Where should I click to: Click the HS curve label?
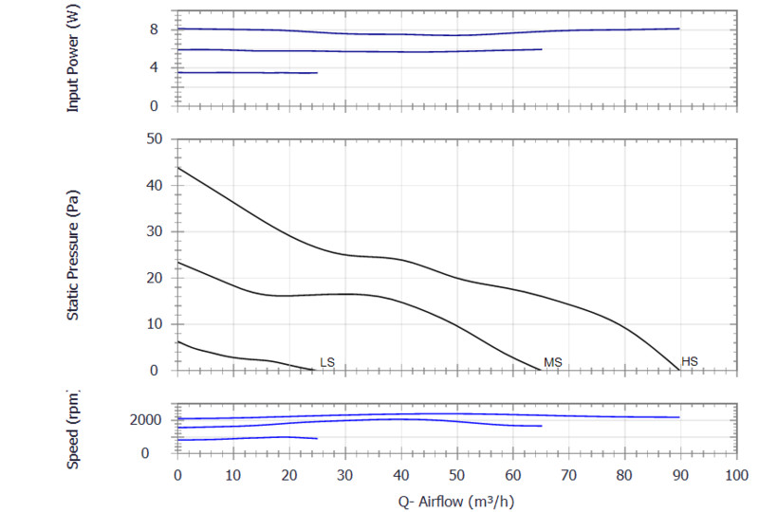[x=690, y=361]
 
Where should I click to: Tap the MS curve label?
[x=553, y=362]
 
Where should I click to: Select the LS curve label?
[x=327, y=362]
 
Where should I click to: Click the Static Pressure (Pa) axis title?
[x=73, y=254]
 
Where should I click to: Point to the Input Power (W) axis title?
[x=73, y=59]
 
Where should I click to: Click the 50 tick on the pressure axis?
[x=156, y=139]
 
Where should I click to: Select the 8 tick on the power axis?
[x=162, y=29]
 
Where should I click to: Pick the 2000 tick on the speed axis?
[x=149, y=420]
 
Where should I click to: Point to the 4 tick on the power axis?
[x=162, y=67]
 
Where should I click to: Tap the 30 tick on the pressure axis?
[x=156, y=231]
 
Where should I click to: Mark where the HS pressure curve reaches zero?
[x=679, y=370]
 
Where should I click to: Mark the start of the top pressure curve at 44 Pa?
[x=177, y=167]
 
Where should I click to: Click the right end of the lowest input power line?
[x=317, y=73]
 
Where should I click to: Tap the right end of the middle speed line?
[x=541, y=426]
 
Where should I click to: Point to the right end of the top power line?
[x=679, y=28]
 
